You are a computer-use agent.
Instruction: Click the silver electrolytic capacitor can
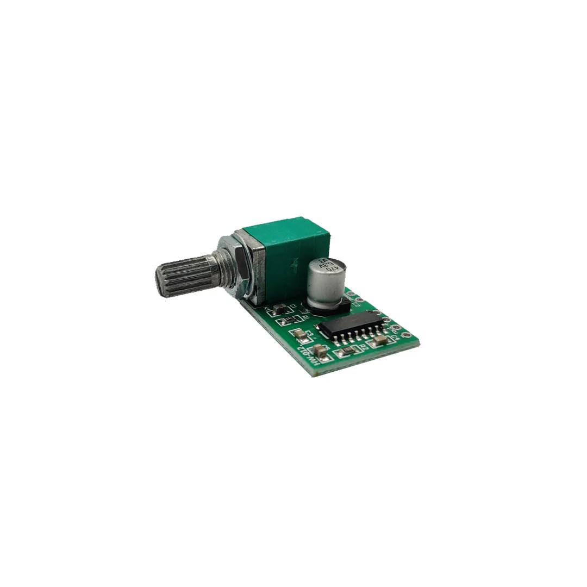point(325,283)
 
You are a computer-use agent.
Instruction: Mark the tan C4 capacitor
point(380,340)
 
